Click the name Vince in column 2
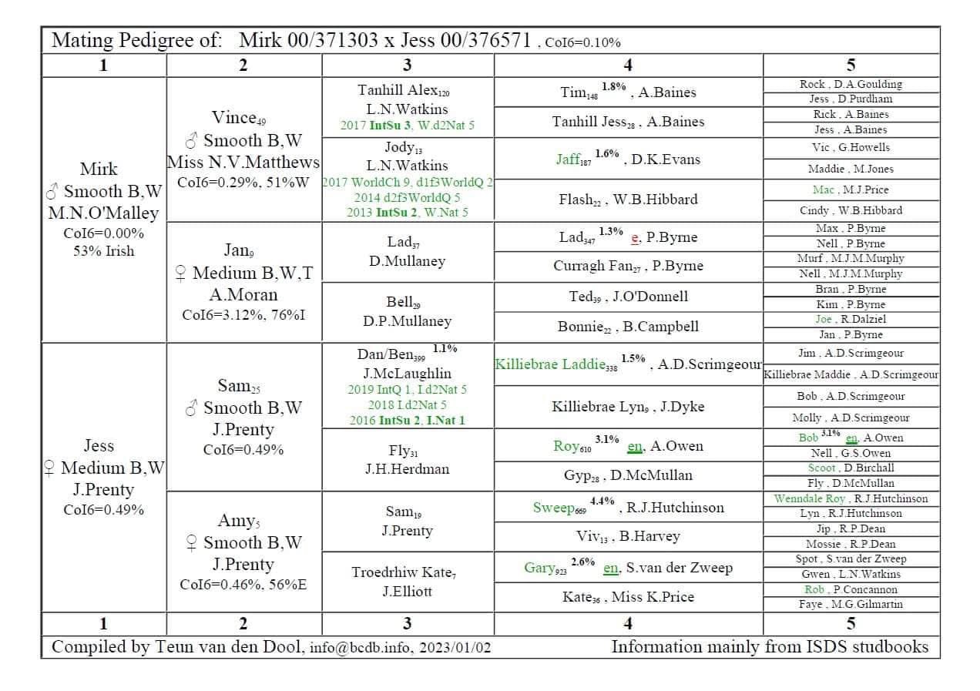(x=233, y=118)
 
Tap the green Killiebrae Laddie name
(x=550, y=364)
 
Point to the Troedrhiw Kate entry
(x=401, y=572)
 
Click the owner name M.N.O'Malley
(x=102, y=213)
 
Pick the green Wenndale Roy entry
(x=809, y=498)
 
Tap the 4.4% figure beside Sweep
(x=602, y=501)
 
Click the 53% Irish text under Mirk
(x=102, y=251)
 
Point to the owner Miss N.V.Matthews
(x=243, y=163)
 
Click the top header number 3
(x=407, y=65)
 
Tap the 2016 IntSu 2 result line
(x=406, y=421)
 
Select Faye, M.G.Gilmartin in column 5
(x=851, y=605)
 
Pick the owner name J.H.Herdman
(x=407, y=469)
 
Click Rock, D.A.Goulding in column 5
(x=851, y=84)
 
